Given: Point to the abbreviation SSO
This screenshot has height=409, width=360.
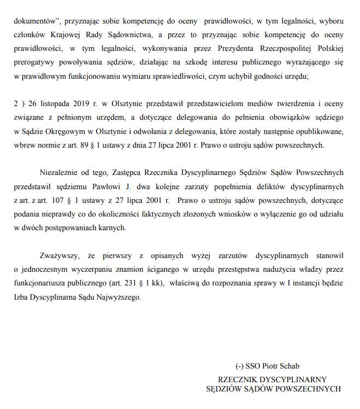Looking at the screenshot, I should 253,366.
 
